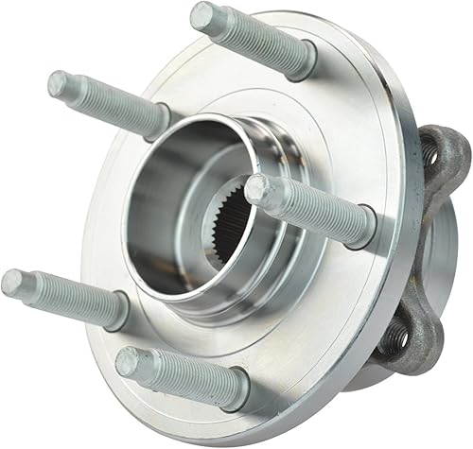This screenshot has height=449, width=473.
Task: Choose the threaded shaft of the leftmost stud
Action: click(x=66, y=295)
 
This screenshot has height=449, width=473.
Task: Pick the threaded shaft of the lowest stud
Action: click(x=184, y=376)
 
